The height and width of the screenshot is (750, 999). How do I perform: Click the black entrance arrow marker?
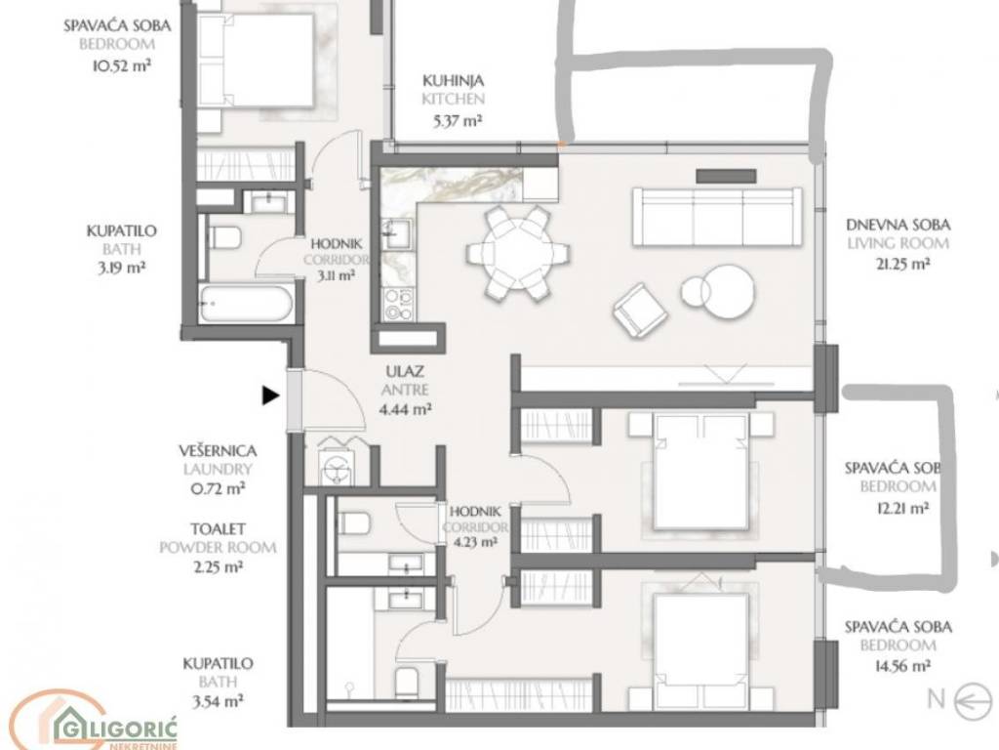pyautogui.click(x=271, y=396)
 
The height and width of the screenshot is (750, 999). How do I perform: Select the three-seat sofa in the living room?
pyautogui.click(x=717, y=217)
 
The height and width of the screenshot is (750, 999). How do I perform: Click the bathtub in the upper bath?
pyautogui.click(x=245, y=304)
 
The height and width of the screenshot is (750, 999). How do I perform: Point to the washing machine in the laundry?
pyautogui.click(x=336, y=470)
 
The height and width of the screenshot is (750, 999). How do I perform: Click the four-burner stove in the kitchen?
pyautogui.click(x=399, y=304)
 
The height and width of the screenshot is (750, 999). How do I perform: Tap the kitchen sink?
pyautogui.click(x=398, y=232)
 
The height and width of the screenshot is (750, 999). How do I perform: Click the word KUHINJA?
pyautogui.click(x=453, y=80)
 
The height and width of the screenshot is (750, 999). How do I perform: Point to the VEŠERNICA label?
pyautogui.click(x=218, y=451)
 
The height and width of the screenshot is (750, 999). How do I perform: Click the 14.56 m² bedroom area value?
pyautogui.click(x=902, y=666)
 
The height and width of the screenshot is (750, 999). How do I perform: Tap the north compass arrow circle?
pyautogui.click(x=973, y=700)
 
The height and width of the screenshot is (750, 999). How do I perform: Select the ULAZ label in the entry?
pyautogui.click(x=405, y=371)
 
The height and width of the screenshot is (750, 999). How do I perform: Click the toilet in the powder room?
pyautogui.click(x=354, y=524)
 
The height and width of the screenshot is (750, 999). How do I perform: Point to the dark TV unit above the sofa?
pyautogui.click(x=726, y=176)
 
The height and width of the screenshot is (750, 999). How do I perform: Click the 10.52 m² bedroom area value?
pyautogui.click(x=122, y=65)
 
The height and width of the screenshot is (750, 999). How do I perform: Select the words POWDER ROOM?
pyautogui.click(x=218, y=547)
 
